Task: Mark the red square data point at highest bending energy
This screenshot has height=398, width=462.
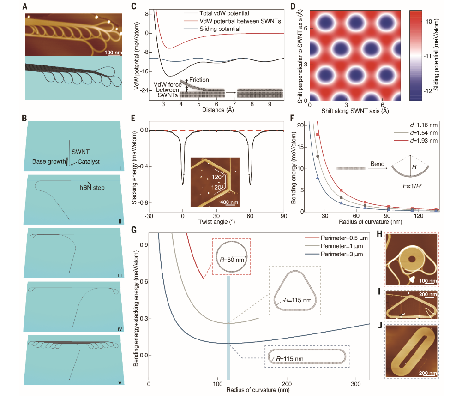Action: (317, 135)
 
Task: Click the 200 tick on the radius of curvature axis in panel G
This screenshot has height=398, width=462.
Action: (287, 384)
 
